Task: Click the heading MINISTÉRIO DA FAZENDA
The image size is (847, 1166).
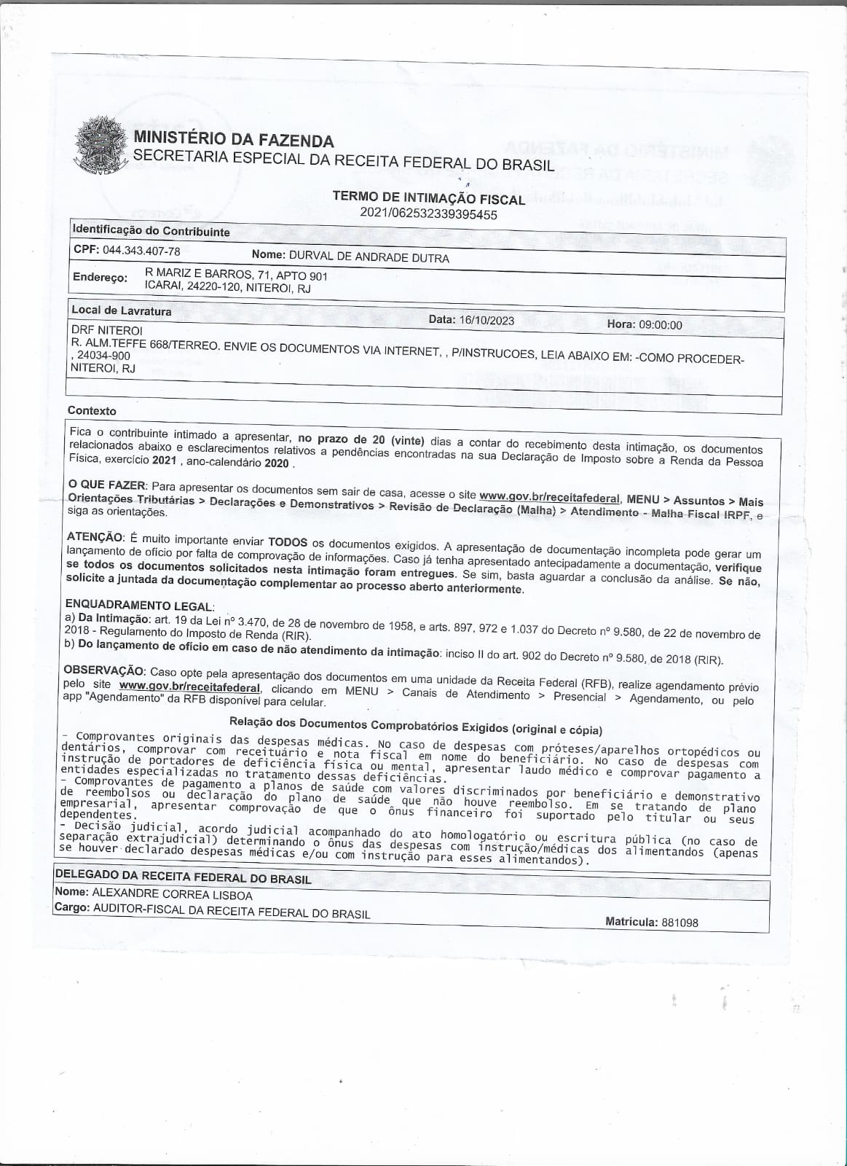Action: (x=232, y=140)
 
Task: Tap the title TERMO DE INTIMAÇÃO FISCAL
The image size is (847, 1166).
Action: (x=428, y=197)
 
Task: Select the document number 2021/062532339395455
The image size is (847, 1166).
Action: (x=428, y=214)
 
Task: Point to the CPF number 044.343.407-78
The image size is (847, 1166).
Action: (x=141, y=251)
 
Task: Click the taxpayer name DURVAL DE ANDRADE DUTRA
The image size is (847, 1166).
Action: (x=369, y=257)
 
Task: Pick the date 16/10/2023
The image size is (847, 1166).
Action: (x=487, y=320)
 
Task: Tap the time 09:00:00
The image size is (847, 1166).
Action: (x=661, y=324)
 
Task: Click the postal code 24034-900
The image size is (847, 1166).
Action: (x=103, y=355)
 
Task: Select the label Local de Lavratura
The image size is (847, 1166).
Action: (x=121, y=310)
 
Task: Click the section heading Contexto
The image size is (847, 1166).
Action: (x=92, y=410)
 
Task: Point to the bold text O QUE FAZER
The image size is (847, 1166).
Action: (x=107, y=485)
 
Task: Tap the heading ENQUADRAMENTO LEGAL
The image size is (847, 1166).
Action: (x=139, y=605)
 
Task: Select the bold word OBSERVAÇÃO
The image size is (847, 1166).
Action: (x=104, y=670)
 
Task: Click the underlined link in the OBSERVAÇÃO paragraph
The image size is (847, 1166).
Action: (x=189, y=686)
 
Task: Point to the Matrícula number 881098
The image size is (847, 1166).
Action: (x=679, y=923)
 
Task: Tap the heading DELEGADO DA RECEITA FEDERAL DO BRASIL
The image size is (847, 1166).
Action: (x=183, y=877)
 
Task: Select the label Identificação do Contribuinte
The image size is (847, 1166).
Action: (x=151, y=231)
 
